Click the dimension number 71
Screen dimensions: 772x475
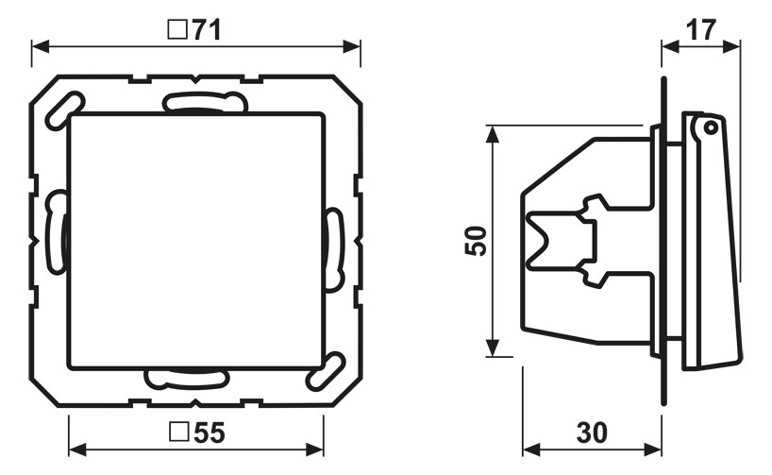click(207, 30)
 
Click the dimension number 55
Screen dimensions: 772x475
click(210, 433)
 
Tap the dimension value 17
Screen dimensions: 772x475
click(701, 30)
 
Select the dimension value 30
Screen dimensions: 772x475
click(592, 433)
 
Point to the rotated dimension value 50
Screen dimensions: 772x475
click(476, 241)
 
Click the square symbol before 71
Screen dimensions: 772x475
click(177, 29)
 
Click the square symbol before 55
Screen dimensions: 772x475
click(178, 432)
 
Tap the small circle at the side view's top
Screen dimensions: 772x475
click(709, 128)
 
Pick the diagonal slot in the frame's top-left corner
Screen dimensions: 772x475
click(64, 110)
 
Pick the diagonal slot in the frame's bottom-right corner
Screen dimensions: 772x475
click(325, 371)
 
